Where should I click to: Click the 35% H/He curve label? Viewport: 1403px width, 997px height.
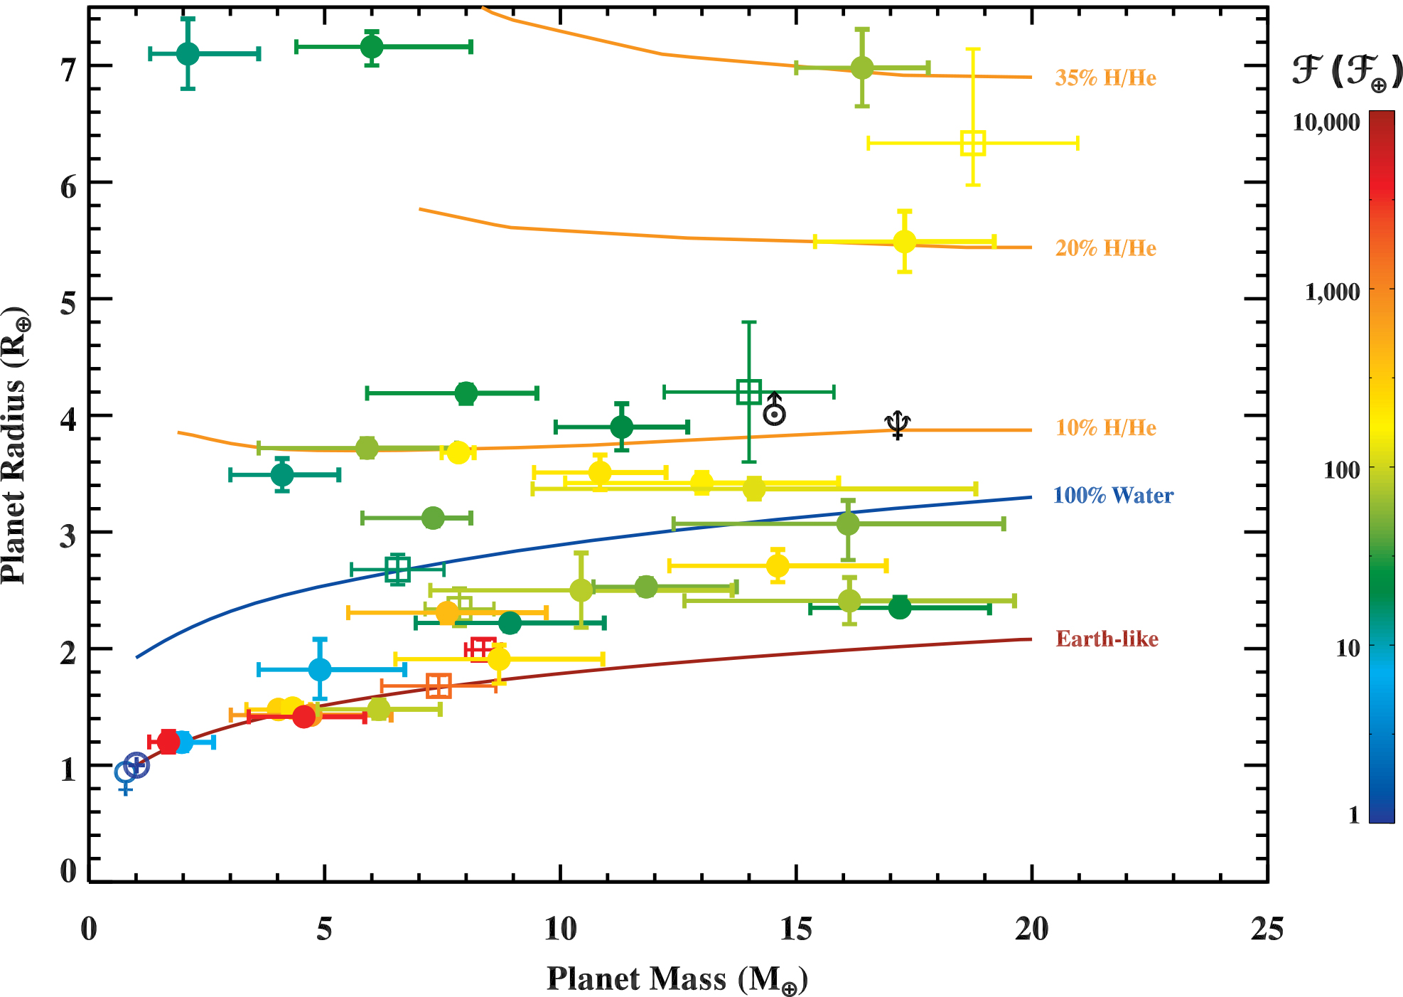click(x=1105, y=78)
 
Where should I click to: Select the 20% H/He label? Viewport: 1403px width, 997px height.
click(x=1105, y=248)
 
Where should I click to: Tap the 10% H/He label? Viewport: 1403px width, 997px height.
click(x=1105, y=427)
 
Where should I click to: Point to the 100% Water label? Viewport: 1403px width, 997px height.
click(x=1113, y=496)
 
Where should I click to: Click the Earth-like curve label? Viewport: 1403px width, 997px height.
click(x=1107, y=639)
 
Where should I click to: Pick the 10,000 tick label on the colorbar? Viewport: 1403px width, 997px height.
click(x=1326, y=122)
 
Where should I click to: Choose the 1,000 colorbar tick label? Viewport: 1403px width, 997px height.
click(x=1332, y=292)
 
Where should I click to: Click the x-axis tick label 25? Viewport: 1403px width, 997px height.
click(x=1267, y=929)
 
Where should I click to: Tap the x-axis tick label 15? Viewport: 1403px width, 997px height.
click(x=795, y=929)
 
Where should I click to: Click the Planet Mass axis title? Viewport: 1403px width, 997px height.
click(x=677, y=979)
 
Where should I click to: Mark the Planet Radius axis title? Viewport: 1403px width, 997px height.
click(x=16, y=446)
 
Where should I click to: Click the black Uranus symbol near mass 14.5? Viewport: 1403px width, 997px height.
click(x=774, y=410)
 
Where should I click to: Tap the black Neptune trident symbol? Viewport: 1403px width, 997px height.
click(x=898, y=425)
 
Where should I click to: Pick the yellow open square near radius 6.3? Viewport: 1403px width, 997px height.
click(x=972, y=143)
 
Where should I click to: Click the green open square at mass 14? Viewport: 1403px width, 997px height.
click(x=748, y=392)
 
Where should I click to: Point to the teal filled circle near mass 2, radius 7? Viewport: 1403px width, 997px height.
click(x=188, y=53)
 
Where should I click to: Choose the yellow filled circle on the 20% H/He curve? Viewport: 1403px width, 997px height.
click(x=904, y=242)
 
